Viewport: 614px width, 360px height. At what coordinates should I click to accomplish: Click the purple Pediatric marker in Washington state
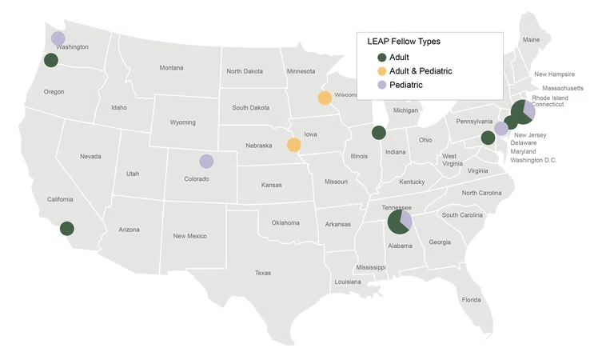[x=58, y=38]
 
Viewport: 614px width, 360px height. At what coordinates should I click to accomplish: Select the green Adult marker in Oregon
[x=51, y=60]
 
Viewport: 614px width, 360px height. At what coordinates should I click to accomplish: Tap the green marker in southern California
[x=67, y=228]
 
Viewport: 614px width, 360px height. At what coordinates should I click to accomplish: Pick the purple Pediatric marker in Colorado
[x=206, y=161]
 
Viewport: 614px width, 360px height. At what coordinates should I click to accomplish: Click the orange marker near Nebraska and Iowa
[x=294, y=145]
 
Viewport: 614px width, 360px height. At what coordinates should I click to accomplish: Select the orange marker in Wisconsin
[x=325, y=98]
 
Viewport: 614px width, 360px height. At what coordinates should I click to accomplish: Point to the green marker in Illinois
[x=379, y=133]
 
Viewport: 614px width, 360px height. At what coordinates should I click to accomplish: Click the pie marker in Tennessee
[x=399, y=222]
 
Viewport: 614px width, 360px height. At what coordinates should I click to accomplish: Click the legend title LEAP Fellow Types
[x=404, y=42]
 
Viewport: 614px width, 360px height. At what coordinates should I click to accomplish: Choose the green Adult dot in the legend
[x=381, y=58]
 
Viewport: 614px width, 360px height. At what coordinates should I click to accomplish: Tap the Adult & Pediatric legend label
[x=421, y=71]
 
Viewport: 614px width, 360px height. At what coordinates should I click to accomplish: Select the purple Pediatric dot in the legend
[x=381, y=85]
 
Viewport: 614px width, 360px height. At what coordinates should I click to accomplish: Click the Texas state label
[x=263, y=273]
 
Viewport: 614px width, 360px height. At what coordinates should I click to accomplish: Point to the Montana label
[x=171, y=68]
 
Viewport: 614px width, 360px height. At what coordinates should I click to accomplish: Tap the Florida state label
[x=471, y=300]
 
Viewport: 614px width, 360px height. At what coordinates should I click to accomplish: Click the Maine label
[x=531, y=40]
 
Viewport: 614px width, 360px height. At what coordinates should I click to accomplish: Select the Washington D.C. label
[x=533, y=161]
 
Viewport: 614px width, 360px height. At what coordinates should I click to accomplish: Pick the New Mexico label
[x=190, y=236]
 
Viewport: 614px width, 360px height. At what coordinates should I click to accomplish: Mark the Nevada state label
[x=90, y=157]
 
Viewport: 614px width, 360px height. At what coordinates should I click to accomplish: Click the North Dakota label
[x=245, y=71]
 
